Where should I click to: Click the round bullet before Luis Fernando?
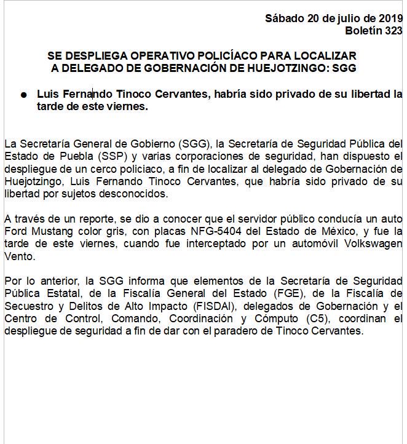point(23,95)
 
